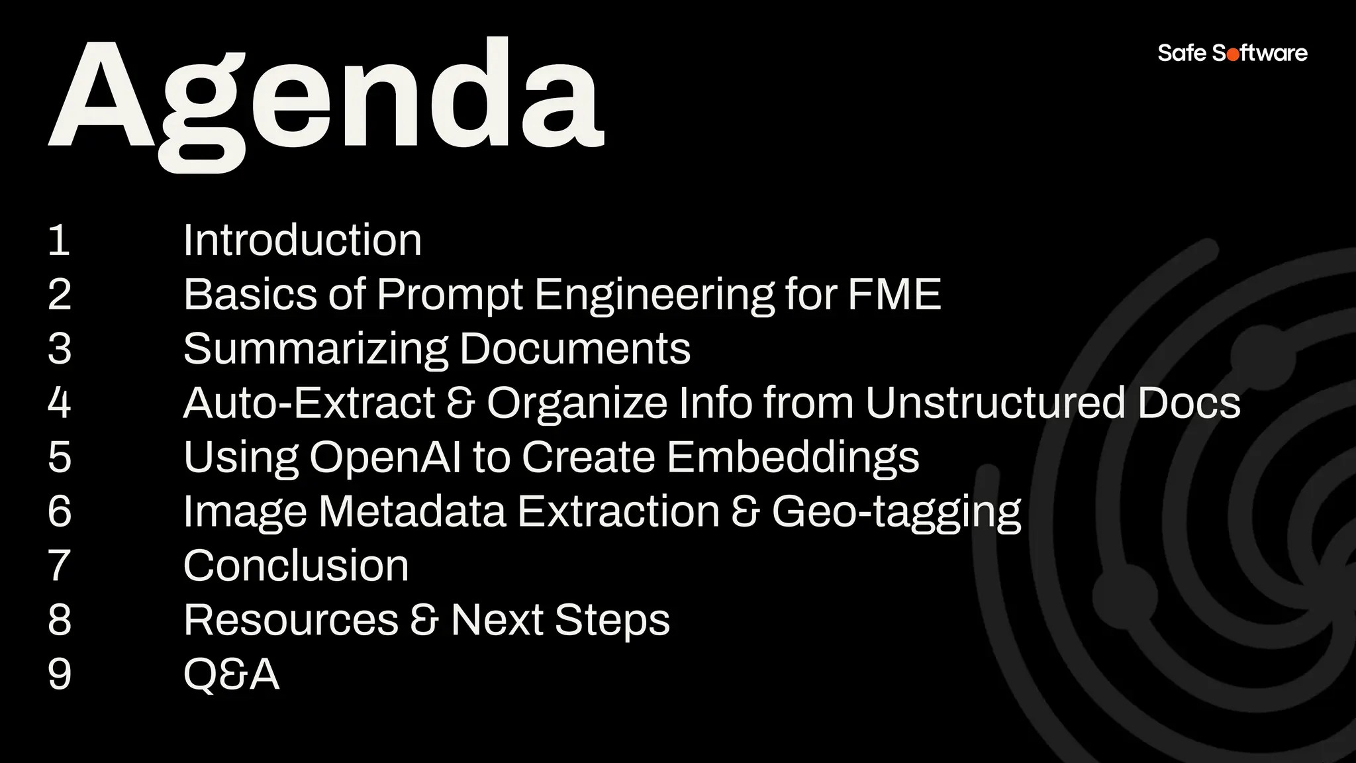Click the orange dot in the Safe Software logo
click(x=1233, y=54)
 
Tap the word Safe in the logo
click(x=1182, y=52)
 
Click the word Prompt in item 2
click(x=450, y=295)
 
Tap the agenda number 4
click(x=59, y=403)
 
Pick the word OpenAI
click(x=385, y=458)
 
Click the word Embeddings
click(x=793, y=458)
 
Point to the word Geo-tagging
click(x=896, y=513)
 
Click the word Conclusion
click(x=295, y=566)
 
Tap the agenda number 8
click(x=59, y=620)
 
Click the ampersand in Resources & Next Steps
click(x=424, y=621)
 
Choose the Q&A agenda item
click(x=231, y=675)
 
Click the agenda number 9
click(x=59, y=674)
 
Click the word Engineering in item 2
click(x=654, y=295)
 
